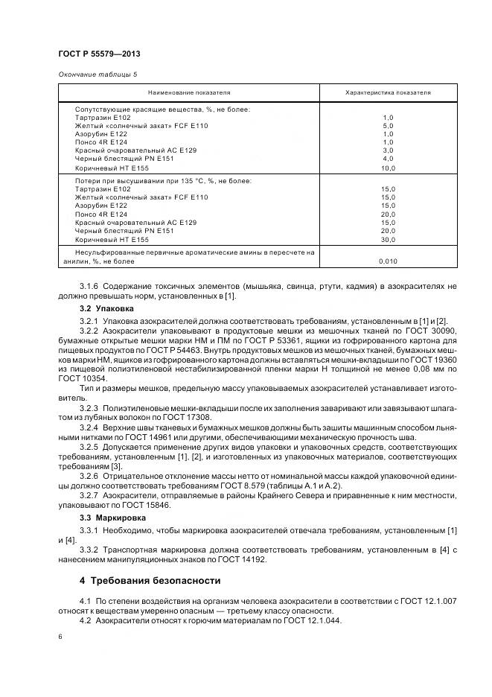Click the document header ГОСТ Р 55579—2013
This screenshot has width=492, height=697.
pyautogui.click(x=99, y=55)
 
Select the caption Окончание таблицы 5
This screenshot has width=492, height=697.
pyautogui.click(x=98, y=74)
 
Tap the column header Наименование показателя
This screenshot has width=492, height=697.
pyautogui.click(x=189, y=92)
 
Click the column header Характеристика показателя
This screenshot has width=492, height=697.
pyautogui.click(x=388, y=92)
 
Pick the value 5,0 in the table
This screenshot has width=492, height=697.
pyautogui.click(x=388, y=126)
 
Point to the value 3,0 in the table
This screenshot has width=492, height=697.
pyautogui.click(x=388, y=150)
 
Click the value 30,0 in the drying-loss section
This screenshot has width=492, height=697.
pyautogui.click(x=388, y=239)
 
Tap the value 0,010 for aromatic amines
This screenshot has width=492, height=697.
pyautogui.click(x=388, y=261)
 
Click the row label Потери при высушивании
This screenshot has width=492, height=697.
pyautogui.click(x=163, y=180)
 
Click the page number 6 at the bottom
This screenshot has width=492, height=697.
pyautogui.click(x=60, y=637)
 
